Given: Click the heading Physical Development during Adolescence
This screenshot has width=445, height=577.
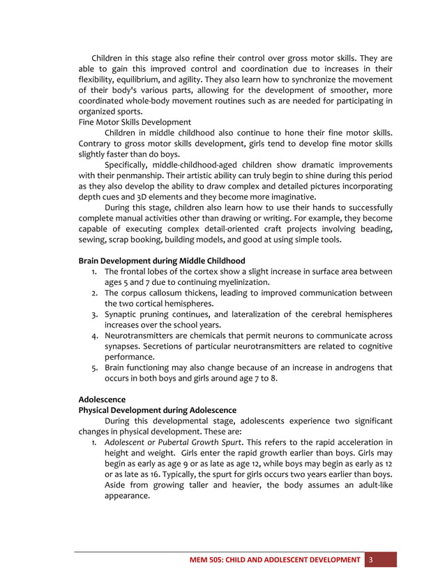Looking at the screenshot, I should tap(158, 410).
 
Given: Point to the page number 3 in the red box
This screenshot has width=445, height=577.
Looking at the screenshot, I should tap(371, 560).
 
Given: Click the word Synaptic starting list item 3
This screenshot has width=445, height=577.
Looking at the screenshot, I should tap(122, 314).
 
